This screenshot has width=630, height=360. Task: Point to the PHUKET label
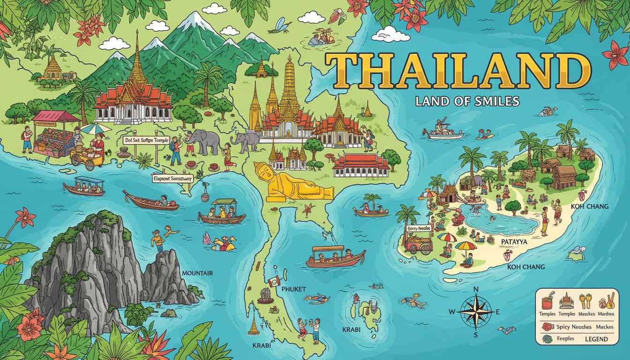click(294, 289)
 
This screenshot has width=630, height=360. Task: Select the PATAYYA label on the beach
click(514, 241)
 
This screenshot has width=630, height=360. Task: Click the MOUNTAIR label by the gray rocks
click(197, 273)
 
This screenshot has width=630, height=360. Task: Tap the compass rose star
click(475, 311)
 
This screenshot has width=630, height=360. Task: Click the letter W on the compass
click(452, 312)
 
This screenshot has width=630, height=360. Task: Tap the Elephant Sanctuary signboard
click(172, 178)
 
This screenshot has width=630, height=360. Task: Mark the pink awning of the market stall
click(55, 116)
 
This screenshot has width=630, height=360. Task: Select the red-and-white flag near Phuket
click(274, 281)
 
